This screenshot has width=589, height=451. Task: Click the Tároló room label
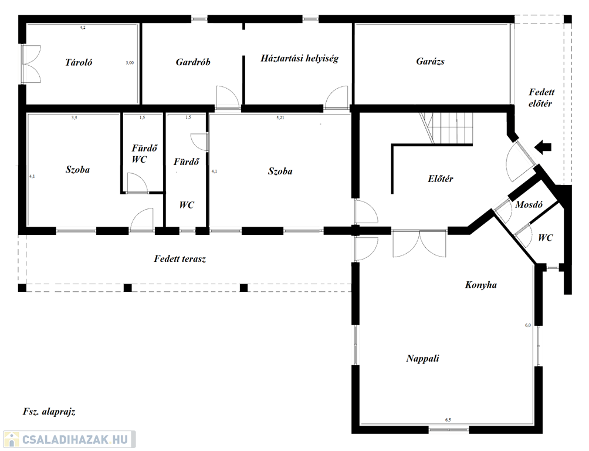(x=79, y=62)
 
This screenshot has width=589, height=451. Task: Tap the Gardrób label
(x=192, y=62)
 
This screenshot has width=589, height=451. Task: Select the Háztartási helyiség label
(x=299, y=58)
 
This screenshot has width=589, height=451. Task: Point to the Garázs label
(x=430, y=61)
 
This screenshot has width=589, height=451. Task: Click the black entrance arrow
(x=543, y=147)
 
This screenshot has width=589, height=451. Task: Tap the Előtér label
(x=440, y=179)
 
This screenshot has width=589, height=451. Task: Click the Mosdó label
(x=529, y=204)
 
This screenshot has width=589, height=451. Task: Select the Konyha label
(x=481, y=285)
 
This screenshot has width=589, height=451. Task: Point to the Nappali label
(x=422, y=358)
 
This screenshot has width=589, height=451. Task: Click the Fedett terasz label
(x=180, y=259)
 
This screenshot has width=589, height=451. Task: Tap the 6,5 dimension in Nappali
(x=448, y=420)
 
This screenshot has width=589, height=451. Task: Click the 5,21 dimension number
(x=280, y=117)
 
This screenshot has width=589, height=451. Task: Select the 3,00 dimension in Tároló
(x=130, y=63)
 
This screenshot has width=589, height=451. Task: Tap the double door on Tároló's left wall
(x=31, y=64)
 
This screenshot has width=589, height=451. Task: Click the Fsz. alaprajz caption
(x=49, y=411)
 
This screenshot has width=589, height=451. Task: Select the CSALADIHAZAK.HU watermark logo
(x=68, y=439)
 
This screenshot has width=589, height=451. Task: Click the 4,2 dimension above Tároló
(x=82, y=28)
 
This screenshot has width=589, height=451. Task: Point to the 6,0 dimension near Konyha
(x=528, y=325)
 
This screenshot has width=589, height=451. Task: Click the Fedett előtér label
(x=541, y=97)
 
